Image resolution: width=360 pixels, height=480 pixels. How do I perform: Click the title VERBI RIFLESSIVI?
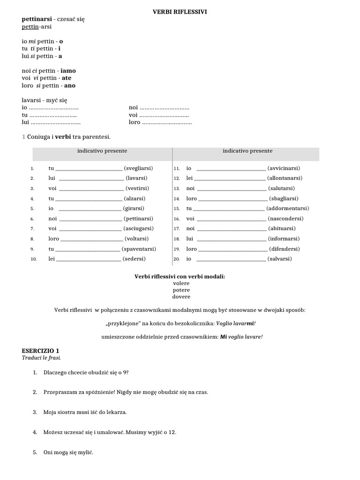(x=180, y=12)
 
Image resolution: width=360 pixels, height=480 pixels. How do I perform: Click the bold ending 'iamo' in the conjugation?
(x=68, y=71)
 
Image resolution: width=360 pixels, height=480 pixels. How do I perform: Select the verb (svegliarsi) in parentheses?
(x=138, y=168)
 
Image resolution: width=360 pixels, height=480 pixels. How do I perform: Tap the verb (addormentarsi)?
(x=288, y=209)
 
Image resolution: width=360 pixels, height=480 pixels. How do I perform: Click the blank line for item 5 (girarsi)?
(x=89, y=209)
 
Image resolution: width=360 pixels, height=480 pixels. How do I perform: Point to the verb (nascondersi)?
(x=285, y=218)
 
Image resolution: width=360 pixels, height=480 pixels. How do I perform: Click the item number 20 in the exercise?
(x=177, y=259)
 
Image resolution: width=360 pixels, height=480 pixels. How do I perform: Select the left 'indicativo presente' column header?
(x=102, y=151)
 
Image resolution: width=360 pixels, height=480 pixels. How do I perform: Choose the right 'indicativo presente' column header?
(x=247, y=151)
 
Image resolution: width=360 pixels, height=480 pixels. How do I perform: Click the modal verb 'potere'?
(x=181, y=290)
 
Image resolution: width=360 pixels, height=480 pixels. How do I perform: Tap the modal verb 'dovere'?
(x=181, y=297)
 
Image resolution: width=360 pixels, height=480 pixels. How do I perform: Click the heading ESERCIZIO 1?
(x=41, y=351)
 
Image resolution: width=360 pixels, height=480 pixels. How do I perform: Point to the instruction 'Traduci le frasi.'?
(x=42, y=358)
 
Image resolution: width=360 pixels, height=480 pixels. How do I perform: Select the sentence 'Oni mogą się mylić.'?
(x=68, y=452)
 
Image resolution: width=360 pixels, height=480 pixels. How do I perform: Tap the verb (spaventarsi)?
(x=139, y=249)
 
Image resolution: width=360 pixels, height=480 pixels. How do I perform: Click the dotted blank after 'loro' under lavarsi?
(x=167, y=122)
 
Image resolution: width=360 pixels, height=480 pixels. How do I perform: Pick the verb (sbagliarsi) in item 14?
(x=284, y=198)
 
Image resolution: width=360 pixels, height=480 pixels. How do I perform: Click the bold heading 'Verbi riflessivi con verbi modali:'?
(x=180, y=277)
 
